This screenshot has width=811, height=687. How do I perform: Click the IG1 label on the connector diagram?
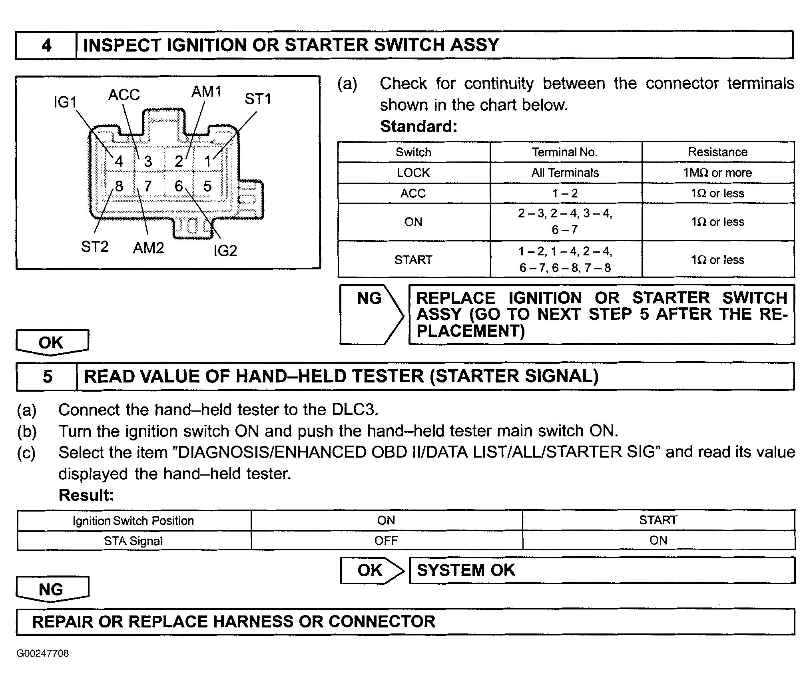(x=65, y=103)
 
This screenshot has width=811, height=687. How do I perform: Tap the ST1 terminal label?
(x=258, y=99)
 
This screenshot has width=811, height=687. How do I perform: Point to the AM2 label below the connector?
(x=148, y=248)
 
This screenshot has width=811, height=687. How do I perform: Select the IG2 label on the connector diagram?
(x=225, y=251)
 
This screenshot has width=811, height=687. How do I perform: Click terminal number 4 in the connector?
(x=119, y=161)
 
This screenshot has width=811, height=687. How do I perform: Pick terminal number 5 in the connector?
(x=207, y=186)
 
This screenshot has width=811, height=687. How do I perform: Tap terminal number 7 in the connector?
(x=148, y=186)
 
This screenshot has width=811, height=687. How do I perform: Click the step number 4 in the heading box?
(x=46, y=45)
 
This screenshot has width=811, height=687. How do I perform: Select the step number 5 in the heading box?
(x=48, y=377)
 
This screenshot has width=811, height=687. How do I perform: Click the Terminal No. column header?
(x=564, y=152)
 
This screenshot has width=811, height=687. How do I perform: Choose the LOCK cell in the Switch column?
(x=413, y=173)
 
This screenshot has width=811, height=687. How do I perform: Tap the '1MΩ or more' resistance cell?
(x=717, y=173)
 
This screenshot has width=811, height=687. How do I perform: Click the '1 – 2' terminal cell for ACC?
(x=565, y=194)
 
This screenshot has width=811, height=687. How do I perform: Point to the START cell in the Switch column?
(x=413, y=260)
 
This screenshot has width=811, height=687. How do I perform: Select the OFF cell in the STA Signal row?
(x=386, y=541)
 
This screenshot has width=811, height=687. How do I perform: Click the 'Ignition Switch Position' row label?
(x=133, y=521)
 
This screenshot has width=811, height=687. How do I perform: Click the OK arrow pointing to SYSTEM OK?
(x=371, y=570)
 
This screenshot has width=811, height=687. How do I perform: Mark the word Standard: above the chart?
(x=418, y=127)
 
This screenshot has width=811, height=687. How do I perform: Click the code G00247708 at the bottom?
(x=43, y=653)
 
